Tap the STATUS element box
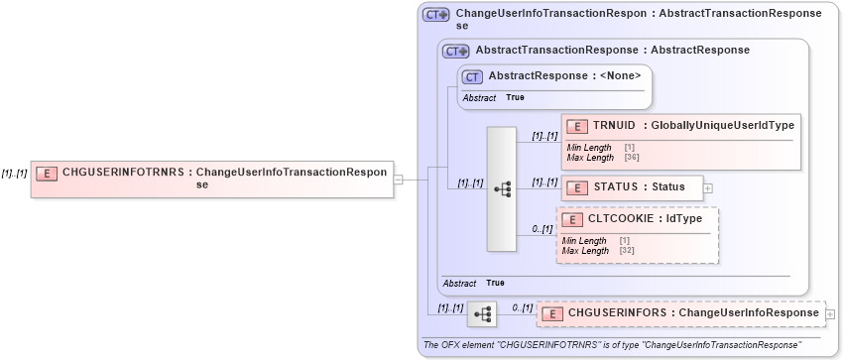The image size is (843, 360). tap(632, 186)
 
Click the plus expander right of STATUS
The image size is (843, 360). tap(708, 186)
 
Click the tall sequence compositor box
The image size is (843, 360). tap(502, 188)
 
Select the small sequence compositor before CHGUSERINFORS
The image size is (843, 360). tap(482, 313)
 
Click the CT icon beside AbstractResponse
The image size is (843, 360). tap(473, 76)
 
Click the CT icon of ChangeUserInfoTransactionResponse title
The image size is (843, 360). tap(436, 15)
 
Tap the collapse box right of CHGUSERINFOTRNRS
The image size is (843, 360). tap(398, 180)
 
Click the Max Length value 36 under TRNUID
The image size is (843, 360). tap(630, 157)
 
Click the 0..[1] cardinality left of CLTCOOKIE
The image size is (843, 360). tap(542, 229)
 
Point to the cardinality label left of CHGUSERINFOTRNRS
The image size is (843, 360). tap(14, 173)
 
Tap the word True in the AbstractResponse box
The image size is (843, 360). tap(515, 97)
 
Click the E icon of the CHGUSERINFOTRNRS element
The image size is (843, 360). tap(46, 173)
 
